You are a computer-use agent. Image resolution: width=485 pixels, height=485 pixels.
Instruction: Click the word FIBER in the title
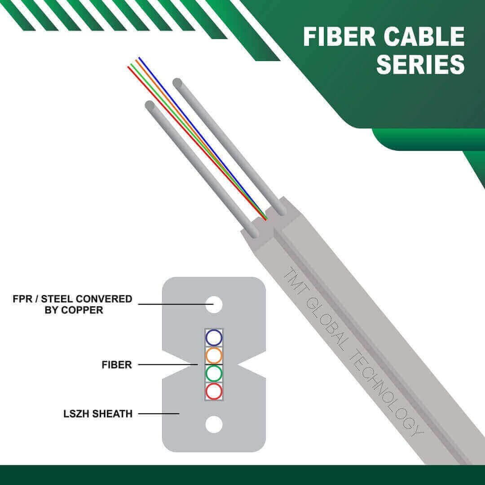(339, 36)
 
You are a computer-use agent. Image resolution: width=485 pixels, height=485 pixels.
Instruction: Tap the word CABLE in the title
(424, 36)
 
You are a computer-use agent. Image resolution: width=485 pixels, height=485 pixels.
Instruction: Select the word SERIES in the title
(421, 64)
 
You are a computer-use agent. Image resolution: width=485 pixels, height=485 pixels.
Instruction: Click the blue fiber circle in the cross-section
(214, 337)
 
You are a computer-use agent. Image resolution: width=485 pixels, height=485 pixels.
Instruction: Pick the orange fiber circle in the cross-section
(214, 355)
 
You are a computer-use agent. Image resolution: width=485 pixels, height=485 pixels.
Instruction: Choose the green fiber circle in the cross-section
(214, 373)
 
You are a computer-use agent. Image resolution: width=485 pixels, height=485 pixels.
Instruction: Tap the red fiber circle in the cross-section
(214, 391)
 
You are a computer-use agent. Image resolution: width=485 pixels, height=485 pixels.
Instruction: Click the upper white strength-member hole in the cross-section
(214, 304)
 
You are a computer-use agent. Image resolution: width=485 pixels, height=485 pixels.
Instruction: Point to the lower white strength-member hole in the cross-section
(214, 424)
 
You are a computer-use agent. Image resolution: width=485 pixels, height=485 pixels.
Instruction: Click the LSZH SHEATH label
(98, 414)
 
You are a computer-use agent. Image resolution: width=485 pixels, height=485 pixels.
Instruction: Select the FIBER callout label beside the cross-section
(117, 365)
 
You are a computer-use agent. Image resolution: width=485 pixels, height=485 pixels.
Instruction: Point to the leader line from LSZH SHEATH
(159, 414)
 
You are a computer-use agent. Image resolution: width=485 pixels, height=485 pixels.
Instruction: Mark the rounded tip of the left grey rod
(150, 105)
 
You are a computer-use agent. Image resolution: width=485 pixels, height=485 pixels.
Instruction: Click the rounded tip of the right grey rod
(177, 83)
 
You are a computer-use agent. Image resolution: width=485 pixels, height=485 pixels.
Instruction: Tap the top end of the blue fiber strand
(139, 57)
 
